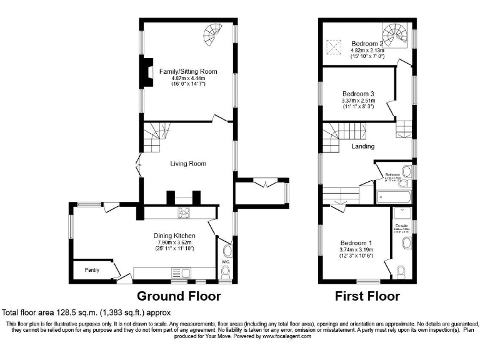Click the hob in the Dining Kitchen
click(184, 213)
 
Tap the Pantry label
click(94, 270)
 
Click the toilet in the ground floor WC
click(226, 270)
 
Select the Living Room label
click(188, 164)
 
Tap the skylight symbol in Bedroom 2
click(334, 46)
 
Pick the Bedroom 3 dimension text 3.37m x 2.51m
click(358, 100)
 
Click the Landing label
click(362, 146)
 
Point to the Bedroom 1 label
click(357, 243)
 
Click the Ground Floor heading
click(178, 296)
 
